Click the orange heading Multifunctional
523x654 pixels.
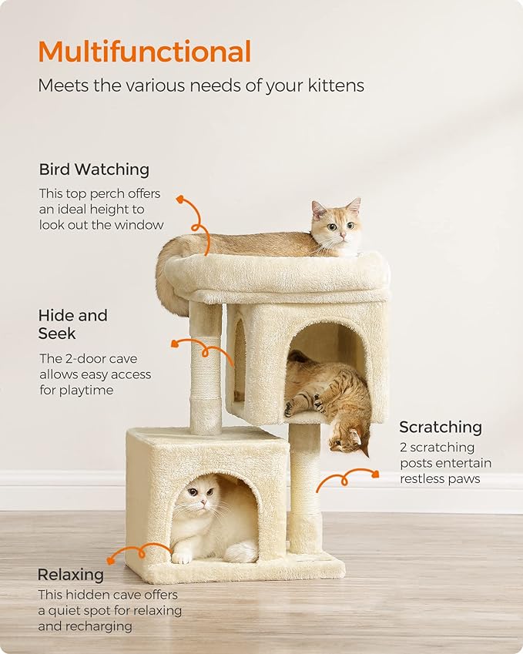[144, 52]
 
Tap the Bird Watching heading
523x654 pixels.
[94, 169]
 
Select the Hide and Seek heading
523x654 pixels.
[72, 324]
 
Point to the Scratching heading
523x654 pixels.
[440, 427]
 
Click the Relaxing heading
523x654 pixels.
[70, 575]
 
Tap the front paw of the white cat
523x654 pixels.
[182, 557]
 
